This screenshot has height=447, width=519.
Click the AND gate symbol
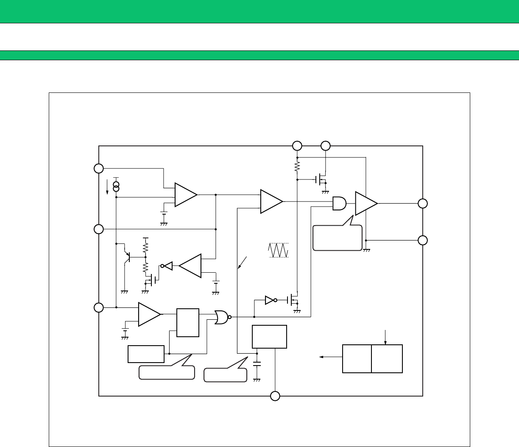coord(339,204)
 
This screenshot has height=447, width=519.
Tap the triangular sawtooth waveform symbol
coord(279,250)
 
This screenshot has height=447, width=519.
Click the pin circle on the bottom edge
coord(275,396)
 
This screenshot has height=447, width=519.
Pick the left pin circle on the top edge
coord(297,146)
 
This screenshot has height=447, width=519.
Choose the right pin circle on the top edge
coord(325,146)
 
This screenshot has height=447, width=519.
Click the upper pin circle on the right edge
coord(422,204)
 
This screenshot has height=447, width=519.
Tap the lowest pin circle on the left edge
coord(99,307)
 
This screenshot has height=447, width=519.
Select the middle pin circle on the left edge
coord(99,229)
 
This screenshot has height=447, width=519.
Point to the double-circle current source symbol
coord(116,186)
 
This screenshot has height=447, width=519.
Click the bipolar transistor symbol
coord(127,257)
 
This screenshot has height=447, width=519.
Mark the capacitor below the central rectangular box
coord(257,364)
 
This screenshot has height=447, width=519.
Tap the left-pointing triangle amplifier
coord(190,266)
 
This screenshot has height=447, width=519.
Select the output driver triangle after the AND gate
coord(366,204)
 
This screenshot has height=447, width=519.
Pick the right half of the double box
coord(387,359)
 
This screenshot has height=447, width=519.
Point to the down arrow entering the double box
coord(385,337)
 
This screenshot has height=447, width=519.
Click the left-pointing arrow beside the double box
coord(331,358)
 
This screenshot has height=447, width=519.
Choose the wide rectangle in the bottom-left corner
coord(146,354)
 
